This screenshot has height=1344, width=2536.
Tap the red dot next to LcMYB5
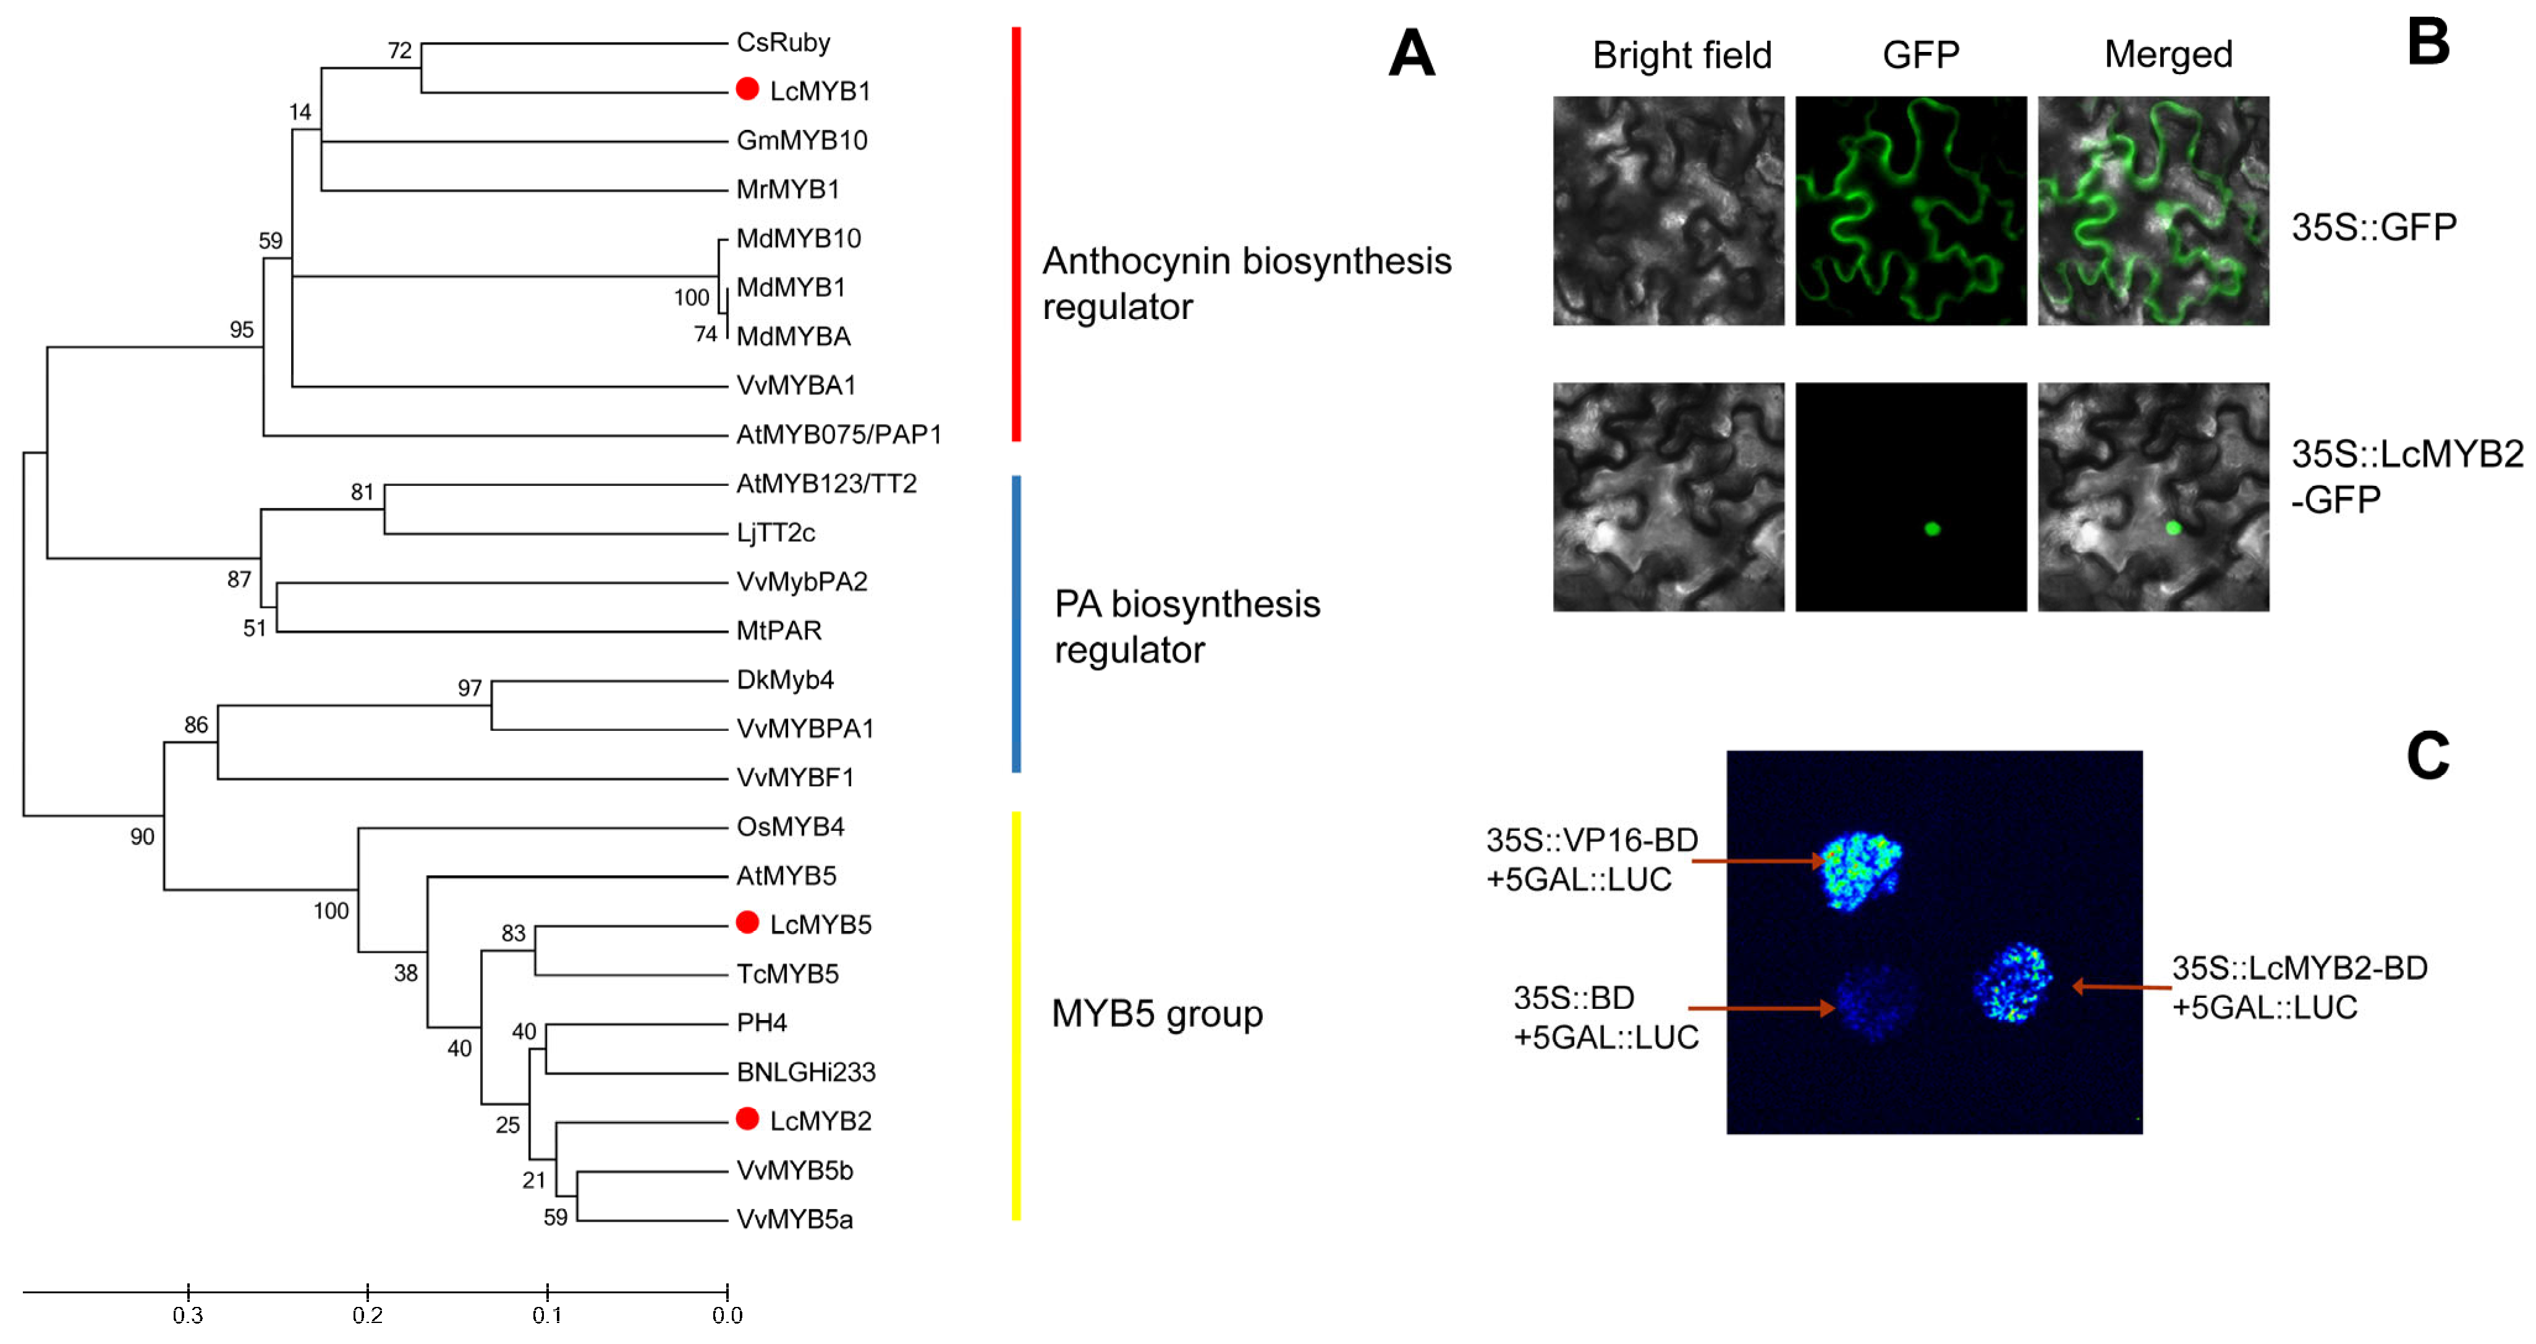(x=747, y=922)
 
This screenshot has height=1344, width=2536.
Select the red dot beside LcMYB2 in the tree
(x=747, y=1118)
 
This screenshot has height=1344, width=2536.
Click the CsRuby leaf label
(x=782, y=42)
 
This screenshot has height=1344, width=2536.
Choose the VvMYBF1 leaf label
(x=794, y=778)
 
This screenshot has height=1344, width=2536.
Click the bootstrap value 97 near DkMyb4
(x=470, y=688)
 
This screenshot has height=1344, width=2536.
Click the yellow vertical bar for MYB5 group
(x=1016, y=1014)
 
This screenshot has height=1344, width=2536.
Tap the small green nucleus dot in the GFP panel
(x=1932, y=529)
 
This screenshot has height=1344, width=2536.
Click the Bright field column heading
(x=1681, y=55)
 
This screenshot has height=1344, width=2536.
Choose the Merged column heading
(x=2168, y=54)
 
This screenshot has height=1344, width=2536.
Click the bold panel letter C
(x=2428, y=756)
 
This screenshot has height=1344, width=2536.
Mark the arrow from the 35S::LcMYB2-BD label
(x=2121, y=985)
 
